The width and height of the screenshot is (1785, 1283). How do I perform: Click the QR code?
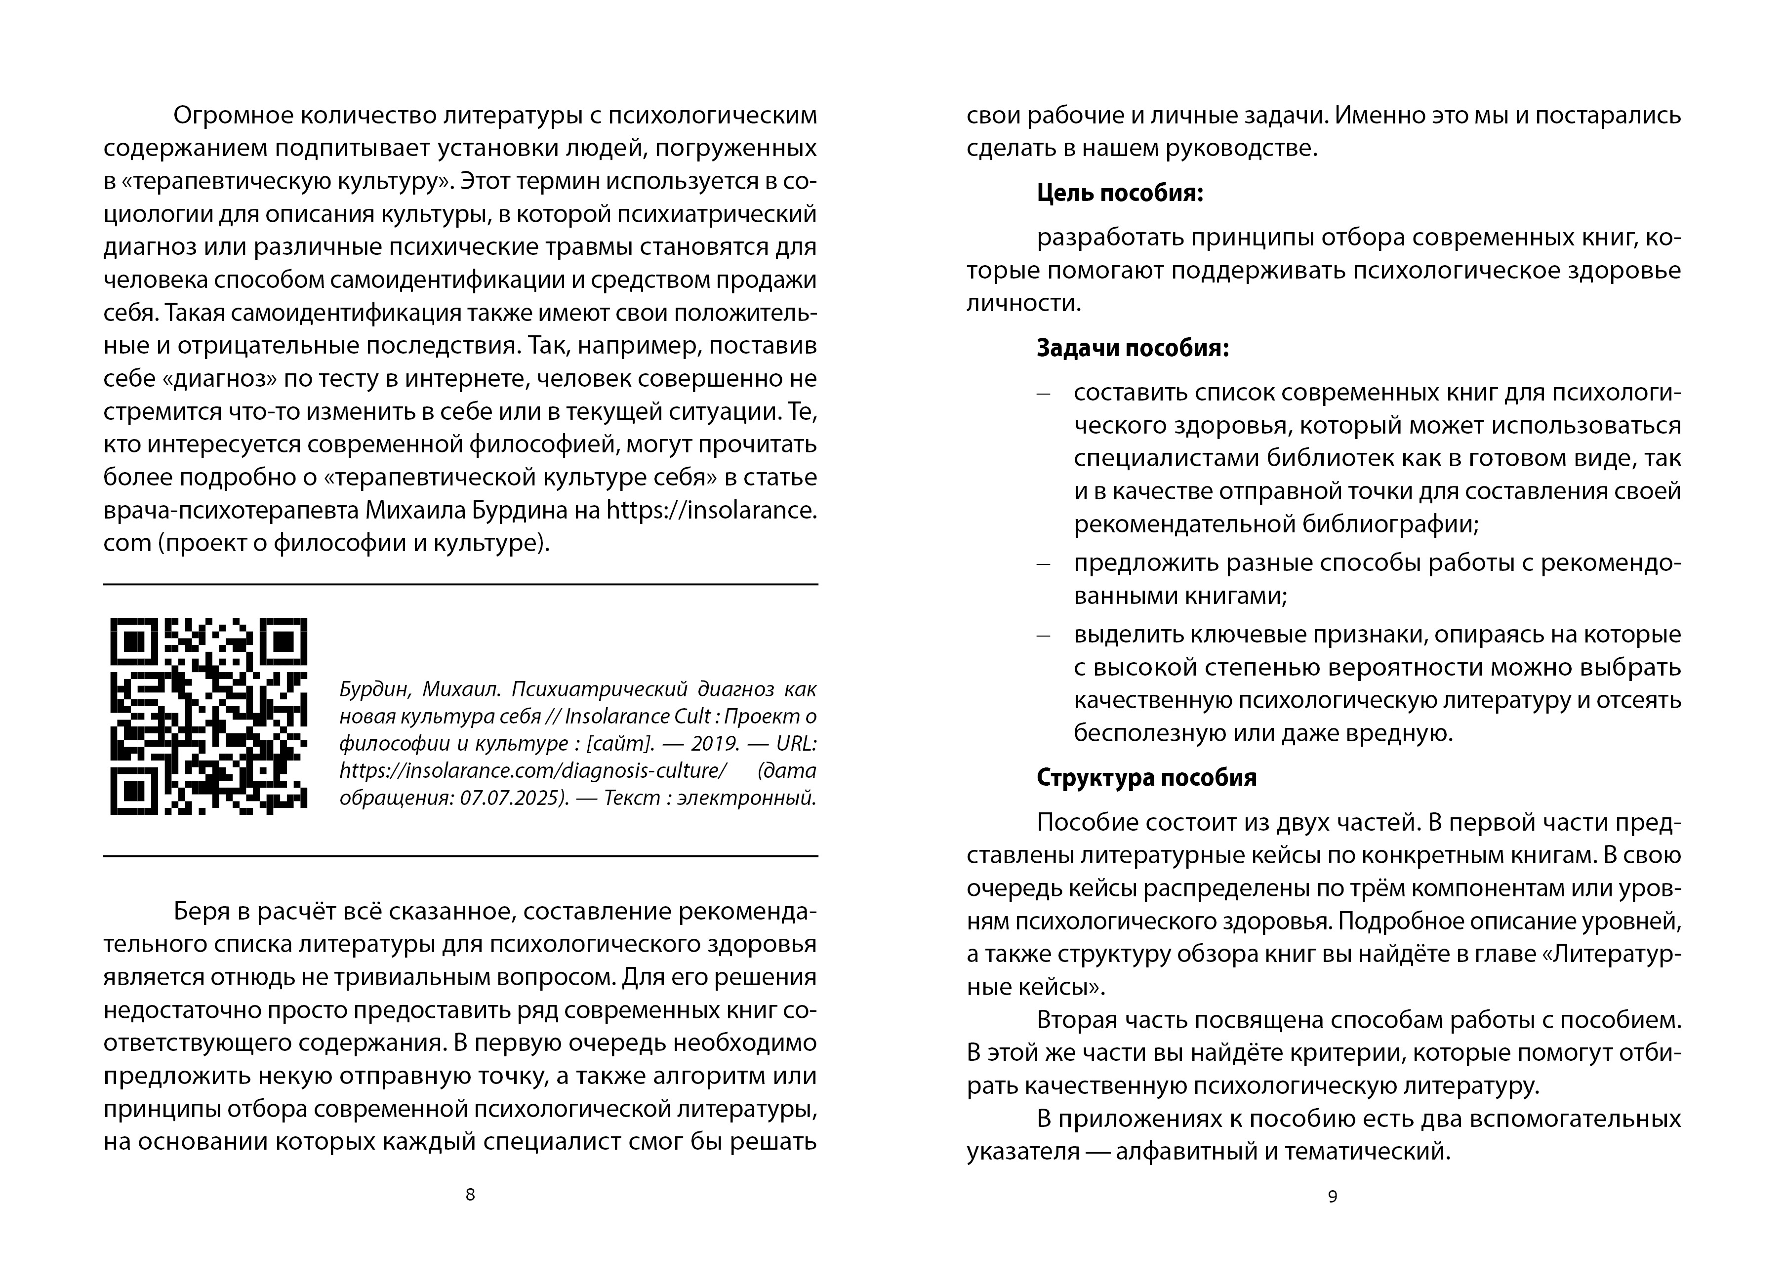tap(208, 716)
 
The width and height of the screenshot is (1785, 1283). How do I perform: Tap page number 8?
tap(471, 1194)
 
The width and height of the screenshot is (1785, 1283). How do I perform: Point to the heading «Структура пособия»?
tap(1146, 778)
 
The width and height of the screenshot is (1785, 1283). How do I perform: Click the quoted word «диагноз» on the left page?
tap(220, 379)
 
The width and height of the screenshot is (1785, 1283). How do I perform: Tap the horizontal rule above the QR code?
tap(460, 584)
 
